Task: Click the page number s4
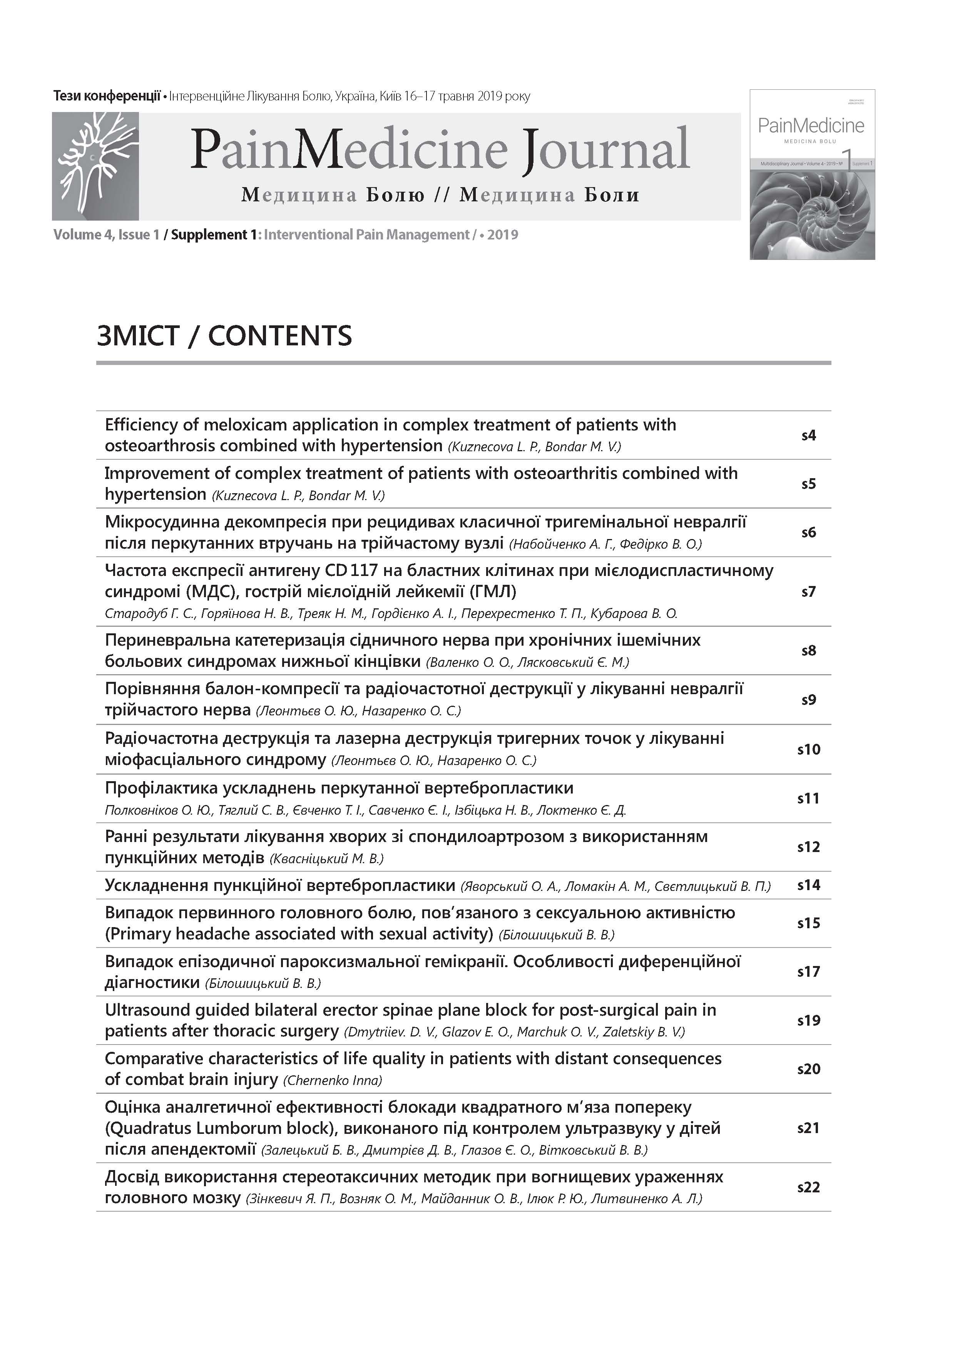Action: coord(808,435)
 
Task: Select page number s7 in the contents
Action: coord(808,591)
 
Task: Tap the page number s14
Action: coord(808,885)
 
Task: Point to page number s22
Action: coord(808,1187)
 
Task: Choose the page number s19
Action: coord(808,1020)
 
